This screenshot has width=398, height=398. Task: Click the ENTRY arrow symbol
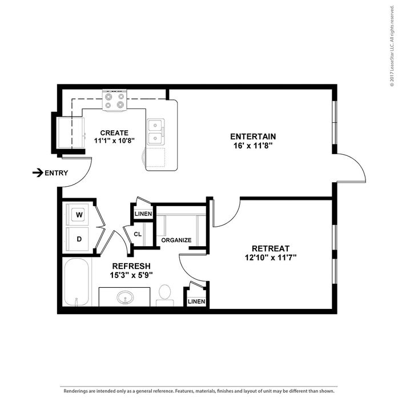tap(38, 172)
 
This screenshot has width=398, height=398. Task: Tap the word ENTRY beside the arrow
tap(57, 173)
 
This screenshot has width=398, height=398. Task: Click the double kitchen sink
tap(156, 132)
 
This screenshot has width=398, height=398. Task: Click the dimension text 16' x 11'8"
tap(253, 146)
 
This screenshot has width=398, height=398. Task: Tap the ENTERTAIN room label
tap(253, 136)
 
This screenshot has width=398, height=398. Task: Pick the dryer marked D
tap(79, 239)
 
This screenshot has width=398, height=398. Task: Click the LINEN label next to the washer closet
tap(143, 214)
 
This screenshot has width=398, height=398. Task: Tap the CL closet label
tap(138, 234)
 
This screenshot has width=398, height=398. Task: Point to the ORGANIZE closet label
tap(176, 240)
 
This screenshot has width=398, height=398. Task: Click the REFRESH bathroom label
tap(131, 266)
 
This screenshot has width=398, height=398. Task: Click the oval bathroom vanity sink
tap(124, 298)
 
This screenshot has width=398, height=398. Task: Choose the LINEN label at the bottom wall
tap(196, 301)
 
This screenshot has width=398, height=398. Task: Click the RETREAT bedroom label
tap(271, 248)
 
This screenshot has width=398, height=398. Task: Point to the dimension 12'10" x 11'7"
tap(271, 258)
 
